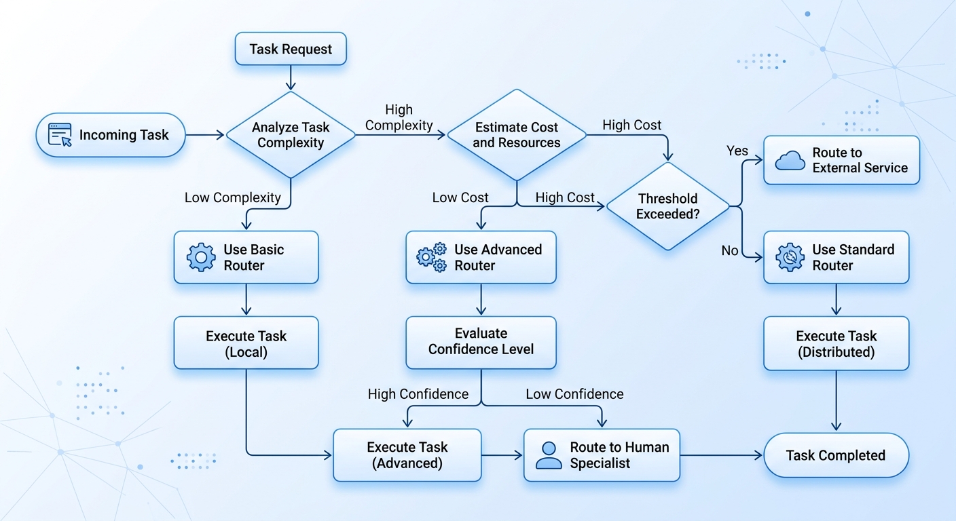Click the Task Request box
click(x=291, y=49)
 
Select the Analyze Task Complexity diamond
click(x=291, y=135)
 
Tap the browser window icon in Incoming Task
click(x=60, y=135)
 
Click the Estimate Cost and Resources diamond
click(x=517, y=135)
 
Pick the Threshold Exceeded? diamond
click(x=667, y=206)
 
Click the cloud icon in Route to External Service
click(x=790, y=160)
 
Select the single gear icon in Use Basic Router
click(x=200, y=258)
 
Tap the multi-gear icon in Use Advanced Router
click(x=431, y=258)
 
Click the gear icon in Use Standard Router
click(x=790, y=258)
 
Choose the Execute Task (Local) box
click(x=246, y=343)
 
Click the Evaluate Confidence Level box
click(x=481, y=342)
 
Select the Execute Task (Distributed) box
click(x=836, y=343)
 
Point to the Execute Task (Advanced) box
click(x=407, y=455)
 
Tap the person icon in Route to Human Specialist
click(x=549, y=455)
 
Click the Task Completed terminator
click(x=836, y=455)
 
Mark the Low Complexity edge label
click(x=232, y=197)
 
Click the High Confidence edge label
click(x=418, y=394)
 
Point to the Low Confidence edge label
click(x=574, y=394)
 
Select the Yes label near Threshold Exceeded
click(x=737, y=151)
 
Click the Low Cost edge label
click(x=460, y=197)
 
